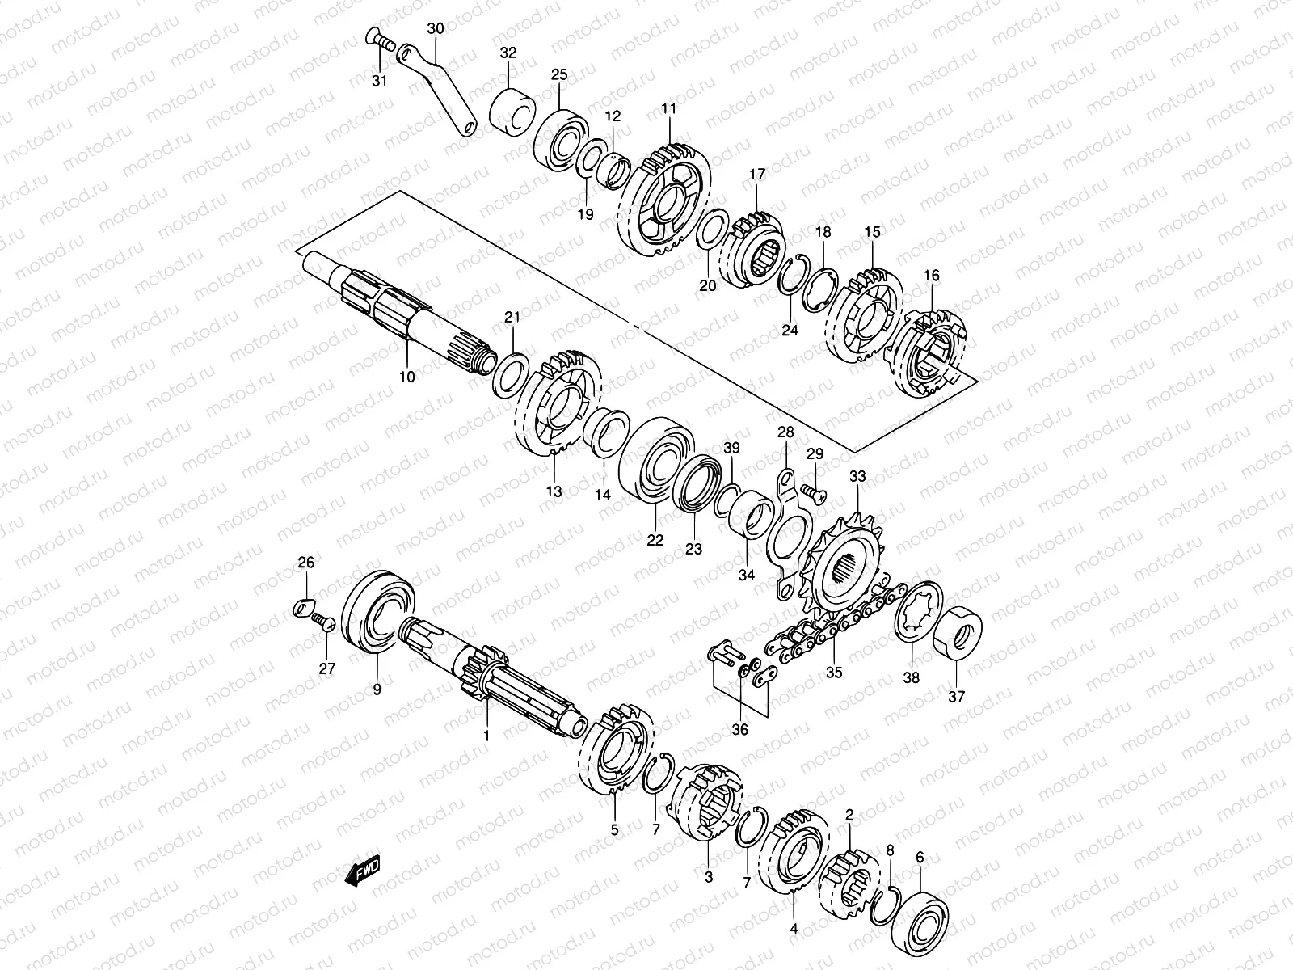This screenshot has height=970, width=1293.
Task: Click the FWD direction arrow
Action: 360,871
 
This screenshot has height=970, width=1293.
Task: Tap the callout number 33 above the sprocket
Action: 857,478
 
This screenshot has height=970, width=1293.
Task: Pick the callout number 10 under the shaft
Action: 406,377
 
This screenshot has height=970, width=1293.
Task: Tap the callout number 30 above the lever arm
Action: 436,28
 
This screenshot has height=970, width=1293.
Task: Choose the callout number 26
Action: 305,563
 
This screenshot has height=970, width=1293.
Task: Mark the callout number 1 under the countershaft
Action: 486,736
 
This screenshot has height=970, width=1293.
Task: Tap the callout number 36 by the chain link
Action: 739,729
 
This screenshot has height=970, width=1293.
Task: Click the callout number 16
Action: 932,276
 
